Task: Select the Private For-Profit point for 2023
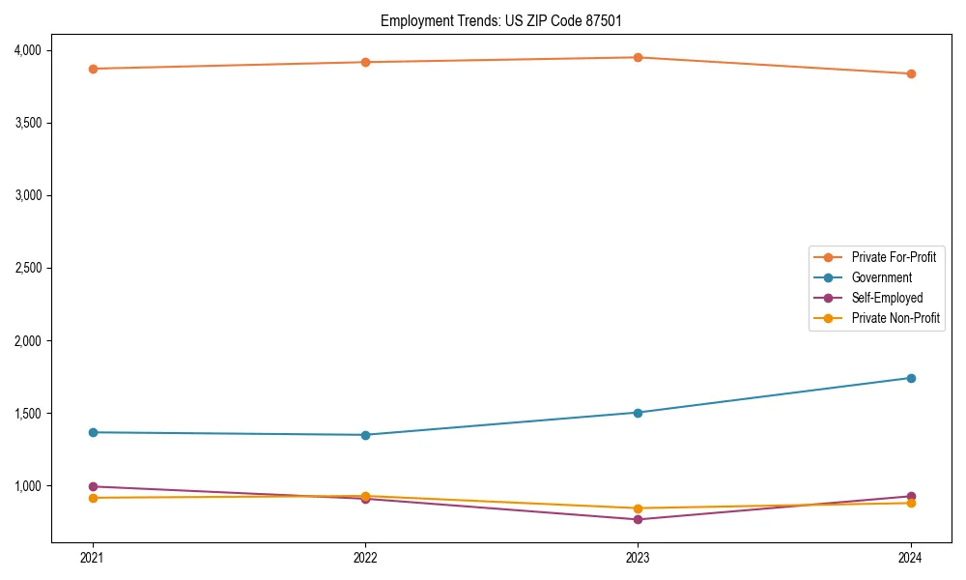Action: (638, 57)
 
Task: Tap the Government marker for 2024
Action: (910, 378)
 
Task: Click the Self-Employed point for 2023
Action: (638, 519)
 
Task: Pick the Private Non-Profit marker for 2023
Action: (638, 508)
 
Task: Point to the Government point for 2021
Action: (93, 432)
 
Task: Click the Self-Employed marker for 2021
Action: (93, 486)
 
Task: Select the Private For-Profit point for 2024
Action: (910, 73)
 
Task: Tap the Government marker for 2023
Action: (638, 413)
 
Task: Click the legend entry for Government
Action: (881, 277)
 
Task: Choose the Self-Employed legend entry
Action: (887, 298)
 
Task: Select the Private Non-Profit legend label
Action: (895, 318)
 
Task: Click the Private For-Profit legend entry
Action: (894, 257)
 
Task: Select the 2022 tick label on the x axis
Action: (365, 558)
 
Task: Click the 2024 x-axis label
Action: (910, 558)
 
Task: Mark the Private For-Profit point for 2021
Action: (93, 69)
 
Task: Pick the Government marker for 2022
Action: (365, 435)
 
